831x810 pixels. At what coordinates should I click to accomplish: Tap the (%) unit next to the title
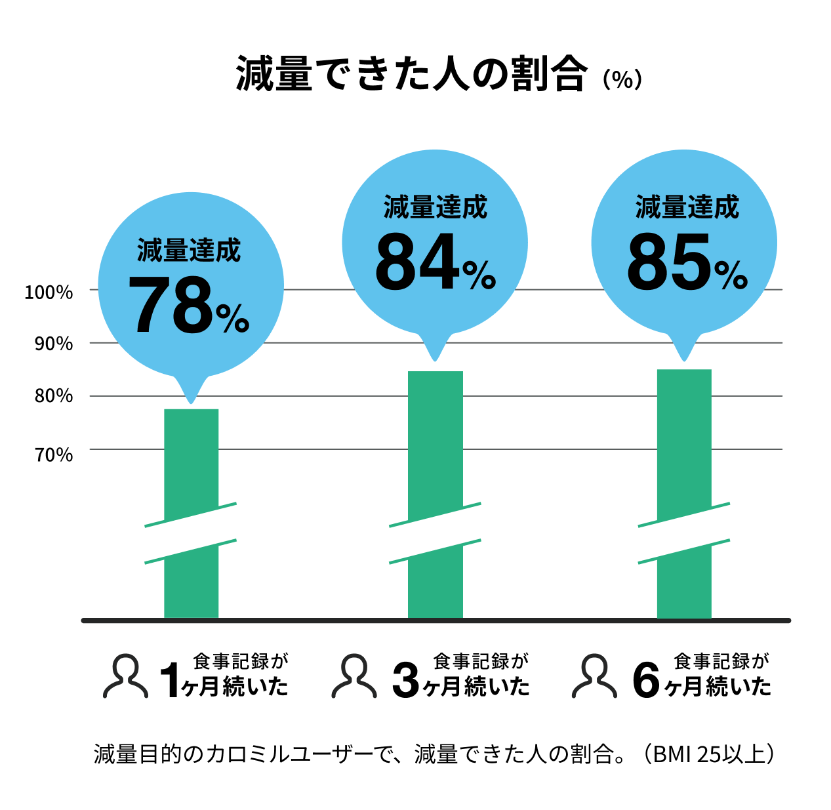(x=622, y=79)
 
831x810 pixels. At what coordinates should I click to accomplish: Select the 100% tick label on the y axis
(x=49, y=293)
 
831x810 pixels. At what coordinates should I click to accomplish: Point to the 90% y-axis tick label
(x=53, y=344)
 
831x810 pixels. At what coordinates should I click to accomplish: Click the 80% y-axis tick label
(x=53, y=396)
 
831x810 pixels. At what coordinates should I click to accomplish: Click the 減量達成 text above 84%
(x=436, y=207)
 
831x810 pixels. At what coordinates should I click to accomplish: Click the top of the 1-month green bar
(x=191, y=411)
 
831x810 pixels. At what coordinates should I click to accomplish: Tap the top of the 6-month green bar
(x=684, y=372)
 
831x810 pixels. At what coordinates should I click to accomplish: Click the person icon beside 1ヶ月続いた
(x=125, y=676)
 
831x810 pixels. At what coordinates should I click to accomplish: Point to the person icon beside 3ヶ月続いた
(x=354, y=676)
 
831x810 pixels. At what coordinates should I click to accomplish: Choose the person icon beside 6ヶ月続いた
(x=594, y=676)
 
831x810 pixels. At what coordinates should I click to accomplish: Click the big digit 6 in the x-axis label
(x=646, y=681)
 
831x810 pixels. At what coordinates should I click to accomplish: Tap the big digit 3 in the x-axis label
(x=406, y=681)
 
